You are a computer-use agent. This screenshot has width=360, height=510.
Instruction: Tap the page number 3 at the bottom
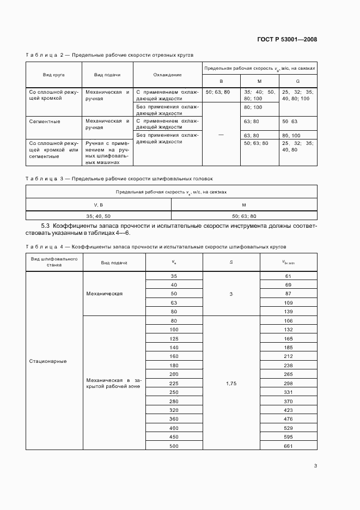coord(316,465)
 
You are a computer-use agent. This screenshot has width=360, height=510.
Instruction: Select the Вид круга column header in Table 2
coord(54,75)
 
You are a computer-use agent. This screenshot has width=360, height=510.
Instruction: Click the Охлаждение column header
coord(167,75)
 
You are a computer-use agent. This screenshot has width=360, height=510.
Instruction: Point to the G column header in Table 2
coord(297,81)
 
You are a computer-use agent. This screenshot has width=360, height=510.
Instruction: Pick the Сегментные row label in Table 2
coord(45,121)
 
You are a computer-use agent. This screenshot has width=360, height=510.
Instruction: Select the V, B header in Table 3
coord(99,205)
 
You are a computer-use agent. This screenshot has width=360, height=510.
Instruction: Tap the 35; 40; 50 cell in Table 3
coord(99,216)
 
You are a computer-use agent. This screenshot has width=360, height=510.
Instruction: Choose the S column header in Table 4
coord(231,263)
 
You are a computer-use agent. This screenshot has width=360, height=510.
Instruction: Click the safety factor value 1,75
coord(231,383)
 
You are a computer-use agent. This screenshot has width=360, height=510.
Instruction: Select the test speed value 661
coord(289,446)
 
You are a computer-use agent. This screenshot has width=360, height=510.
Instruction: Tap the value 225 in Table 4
coord(174,383)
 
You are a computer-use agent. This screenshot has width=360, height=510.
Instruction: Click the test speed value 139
coord(289,311)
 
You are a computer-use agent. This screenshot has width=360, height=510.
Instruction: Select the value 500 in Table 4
coord(174,446)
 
